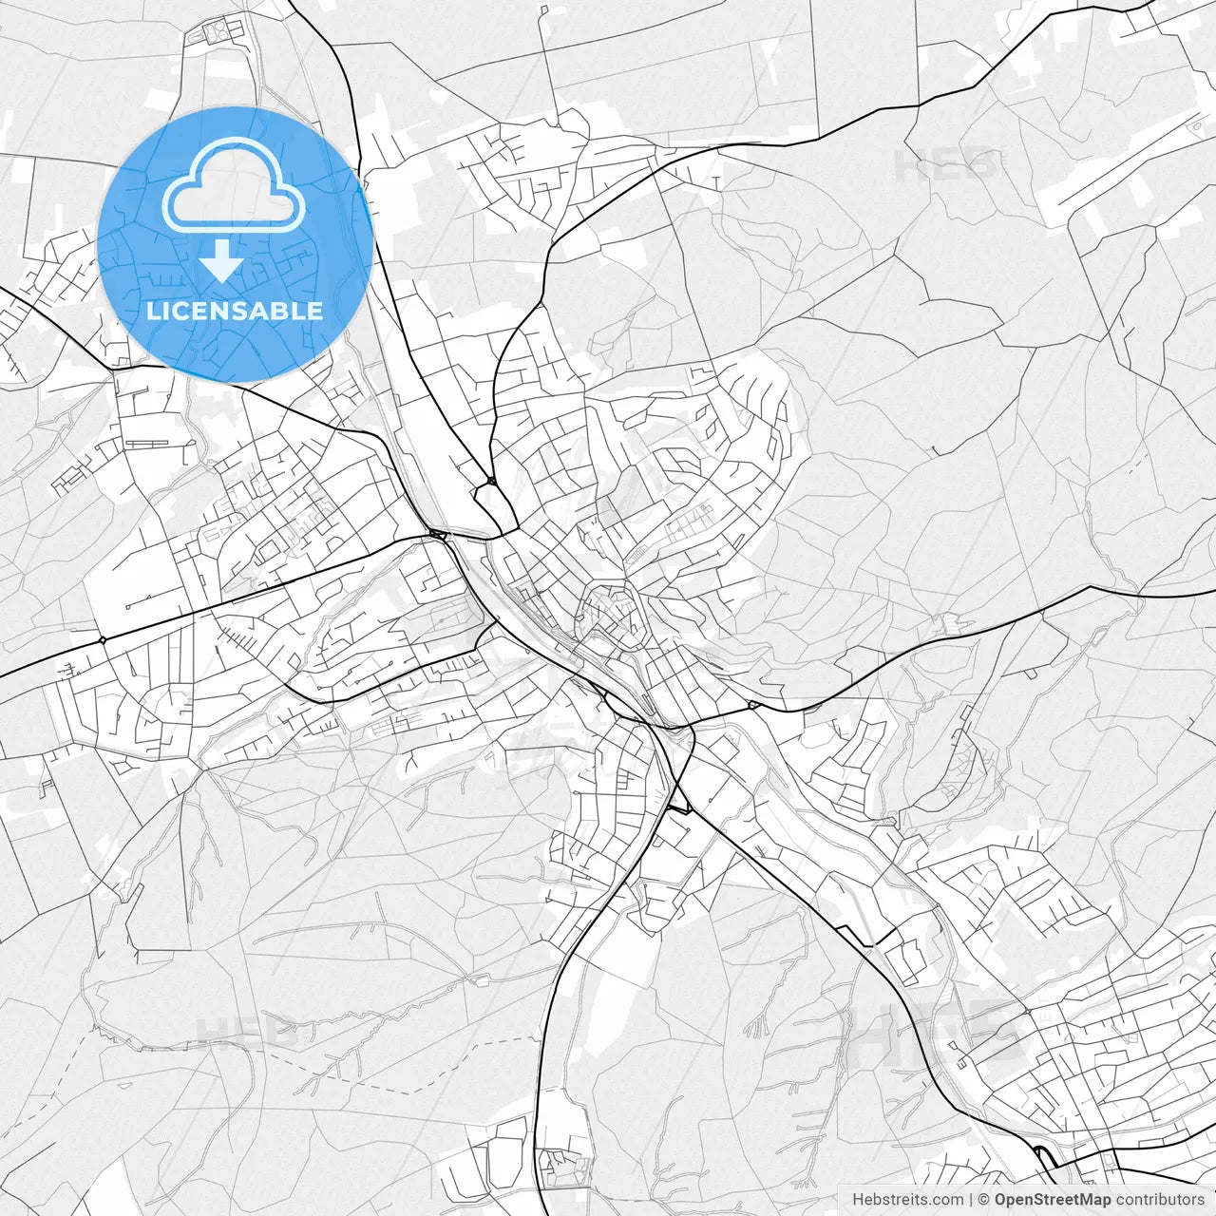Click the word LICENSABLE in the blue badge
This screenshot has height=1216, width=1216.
(235, 312)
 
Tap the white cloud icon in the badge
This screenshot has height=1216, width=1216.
(234, 185)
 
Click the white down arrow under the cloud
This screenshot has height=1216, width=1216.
(222, 260)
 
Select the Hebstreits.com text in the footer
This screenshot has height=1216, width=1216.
(907, 1200)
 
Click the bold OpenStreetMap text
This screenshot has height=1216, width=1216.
(1052, 1200)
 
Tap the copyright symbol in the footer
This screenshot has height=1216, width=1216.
(984, 1200)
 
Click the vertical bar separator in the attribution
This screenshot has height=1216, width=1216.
(971, 1200)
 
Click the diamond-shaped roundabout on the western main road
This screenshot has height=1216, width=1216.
(102, 640)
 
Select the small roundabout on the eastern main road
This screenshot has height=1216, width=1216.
(752, 705)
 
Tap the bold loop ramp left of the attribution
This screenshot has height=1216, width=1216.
(1045, 1158)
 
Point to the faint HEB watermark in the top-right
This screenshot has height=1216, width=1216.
(946, 166)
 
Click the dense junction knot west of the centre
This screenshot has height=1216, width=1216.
(438, 536)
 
